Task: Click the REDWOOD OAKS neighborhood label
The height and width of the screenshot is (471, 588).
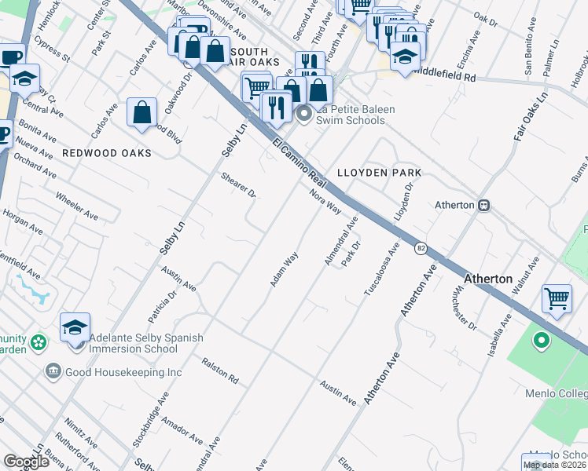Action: coord(106,153)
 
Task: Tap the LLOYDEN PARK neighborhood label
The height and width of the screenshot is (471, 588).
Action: coord(379,173)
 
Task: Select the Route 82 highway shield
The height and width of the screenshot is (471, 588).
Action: coord(421,247)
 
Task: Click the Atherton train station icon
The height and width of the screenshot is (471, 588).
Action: coord(485,205)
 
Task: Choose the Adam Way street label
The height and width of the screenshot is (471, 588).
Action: coord(285,268)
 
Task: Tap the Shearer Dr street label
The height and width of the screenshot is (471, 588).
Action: coord(240,184)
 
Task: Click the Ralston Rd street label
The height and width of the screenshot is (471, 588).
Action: coord(220,370)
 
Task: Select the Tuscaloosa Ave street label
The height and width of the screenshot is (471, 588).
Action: coord(381,269)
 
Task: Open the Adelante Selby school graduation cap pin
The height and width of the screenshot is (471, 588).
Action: coord(75,328)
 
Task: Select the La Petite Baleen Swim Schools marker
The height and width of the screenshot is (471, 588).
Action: coord(305,115)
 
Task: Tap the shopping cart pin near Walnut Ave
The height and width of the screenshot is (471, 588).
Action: coord(557,298)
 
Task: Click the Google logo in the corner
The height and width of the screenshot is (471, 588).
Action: coord(26,462)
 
